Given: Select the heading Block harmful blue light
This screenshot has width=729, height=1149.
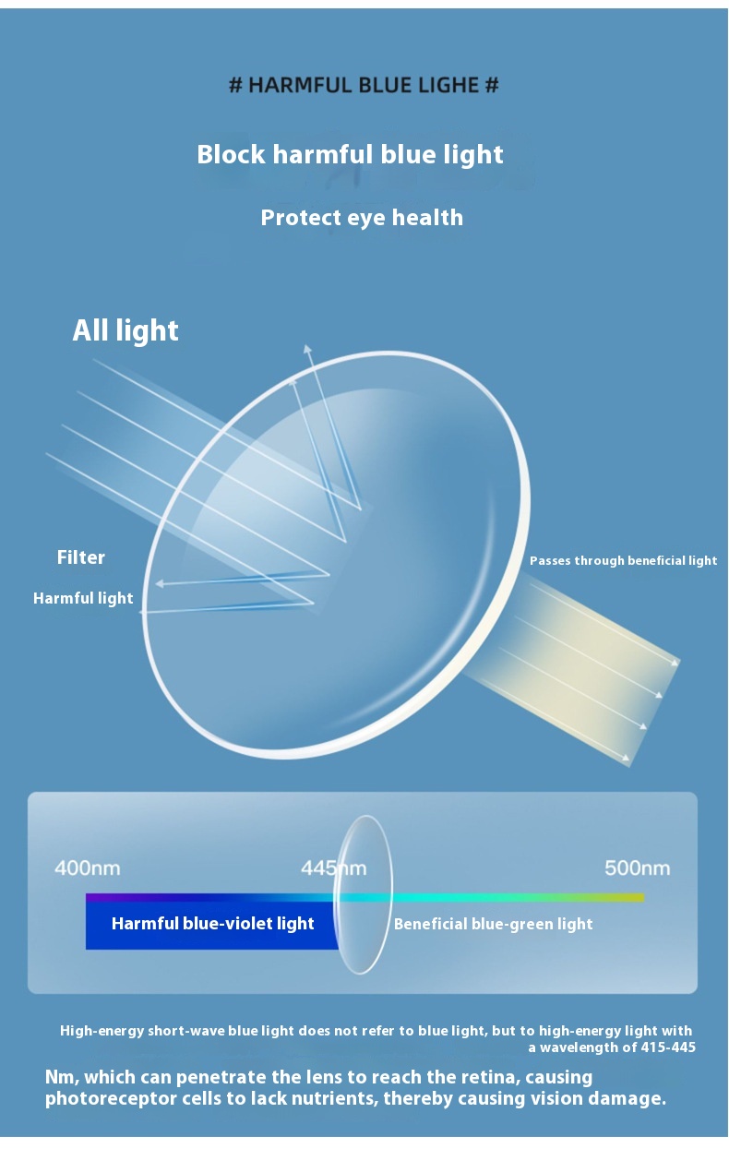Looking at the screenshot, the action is point(350,154).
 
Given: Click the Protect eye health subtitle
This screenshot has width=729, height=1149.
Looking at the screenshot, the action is point(362,218).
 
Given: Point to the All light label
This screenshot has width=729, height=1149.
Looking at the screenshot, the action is point(125,330).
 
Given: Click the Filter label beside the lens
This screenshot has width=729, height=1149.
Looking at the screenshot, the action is point(81,557).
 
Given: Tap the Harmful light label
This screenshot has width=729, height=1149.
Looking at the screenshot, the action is point(83,598).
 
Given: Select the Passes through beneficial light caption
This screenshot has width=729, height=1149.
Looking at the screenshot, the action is point(623,560).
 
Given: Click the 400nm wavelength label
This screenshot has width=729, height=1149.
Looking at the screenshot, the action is point(88,868).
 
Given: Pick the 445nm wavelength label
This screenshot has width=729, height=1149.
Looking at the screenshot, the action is point(333,868).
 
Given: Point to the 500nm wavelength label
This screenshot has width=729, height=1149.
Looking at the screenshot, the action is point(637,868).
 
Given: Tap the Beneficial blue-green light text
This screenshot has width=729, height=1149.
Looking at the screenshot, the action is point(493,925).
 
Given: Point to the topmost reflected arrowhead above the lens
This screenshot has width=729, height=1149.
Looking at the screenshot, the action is point(306,349).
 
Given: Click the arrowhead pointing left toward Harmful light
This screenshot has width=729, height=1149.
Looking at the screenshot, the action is point(160,583).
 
